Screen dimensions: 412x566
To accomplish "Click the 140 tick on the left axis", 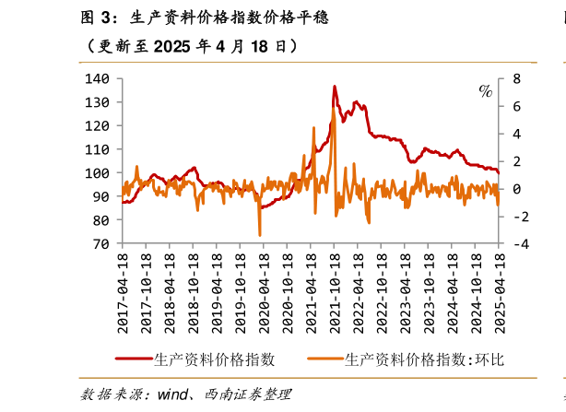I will coord(97,79).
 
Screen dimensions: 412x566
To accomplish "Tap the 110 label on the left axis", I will coord(97,149).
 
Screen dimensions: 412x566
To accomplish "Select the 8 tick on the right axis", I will coord(517,79).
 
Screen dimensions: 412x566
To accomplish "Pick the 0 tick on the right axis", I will coord(517,189).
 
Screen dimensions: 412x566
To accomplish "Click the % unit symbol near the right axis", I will coord(485,90).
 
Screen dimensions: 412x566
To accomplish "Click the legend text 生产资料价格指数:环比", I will coord(425,359).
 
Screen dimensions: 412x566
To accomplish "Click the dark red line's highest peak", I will coord(335,87).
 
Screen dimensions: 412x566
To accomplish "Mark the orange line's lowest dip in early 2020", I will coord(260,234).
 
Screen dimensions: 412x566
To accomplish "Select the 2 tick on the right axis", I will coord(517,162).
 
